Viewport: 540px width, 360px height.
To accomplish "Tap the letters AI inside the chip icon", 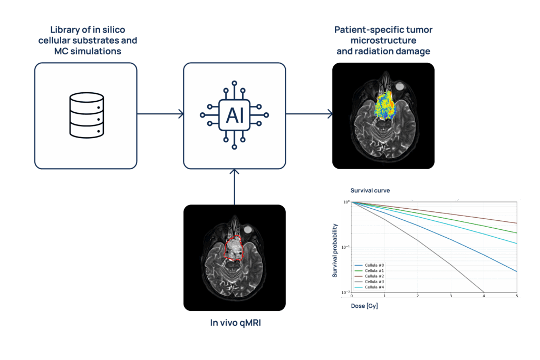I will click(x=235, y=115).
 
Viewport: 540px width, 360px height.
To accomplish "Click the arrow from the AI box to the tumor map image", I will click(x=309, y=113).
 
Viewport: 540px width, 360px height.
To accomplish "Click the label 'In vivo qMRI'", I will click(x=235, y=323).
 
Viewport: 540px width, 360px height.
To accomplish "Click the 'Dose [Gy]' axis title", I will click(x=364, y=306).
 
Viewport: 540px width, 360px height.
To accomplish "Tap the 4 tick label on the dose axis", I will click(x=484, y=297).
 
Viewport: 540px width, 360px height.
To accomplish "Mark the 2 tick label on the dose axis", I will click(x=418, y=297).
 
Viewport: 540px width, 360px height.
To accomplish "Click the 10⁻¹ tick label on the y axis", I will click(x=346, y=247).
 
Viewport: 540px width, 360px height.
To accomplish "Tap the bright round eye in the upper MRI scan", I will click(x=400, y=85).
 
